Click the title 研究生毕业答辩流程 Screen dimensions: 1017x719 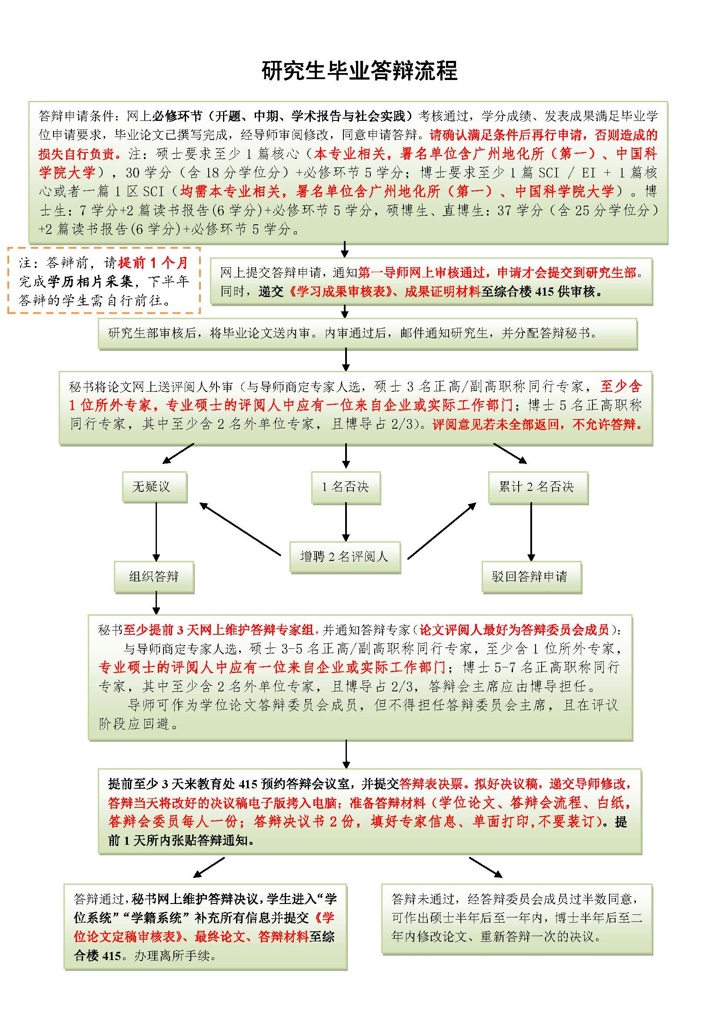[x=359, y=71]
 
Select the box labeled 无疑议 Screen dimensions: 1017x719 [x=154, y=487]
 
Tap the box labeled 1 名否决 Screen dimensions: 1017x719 [x=346, y=487]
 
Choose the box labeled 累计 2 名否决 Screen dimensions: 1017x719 [x=537, y=487]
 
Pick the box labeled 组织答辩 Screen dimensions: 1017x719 [x=154, y=577]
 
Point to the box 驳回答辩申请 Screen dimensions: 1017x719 [x=531, y=577]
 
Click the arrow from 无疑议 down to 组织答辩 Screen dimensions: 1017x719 [x=156, y=531]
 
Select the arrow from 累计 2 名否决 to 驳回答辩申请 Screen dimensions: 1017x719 [x=531, y=531]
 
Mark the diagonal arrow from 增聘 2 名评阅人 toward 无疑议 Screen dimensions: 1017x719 [x=240, y=529]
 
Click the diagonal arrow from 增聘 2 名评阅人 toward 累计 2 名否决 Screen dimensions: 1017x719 [x=442, y=530]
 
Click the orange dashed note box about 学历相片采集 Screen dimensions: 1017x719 [x=104, y=281]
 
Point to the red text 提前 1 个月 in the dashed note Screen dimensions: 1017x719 [x=153, y=263]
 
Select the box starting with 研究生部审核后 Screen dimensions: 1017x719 [x=367, y=333]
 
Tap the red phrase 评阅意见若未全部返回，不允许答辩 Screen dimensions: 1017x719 [x=537, y=425]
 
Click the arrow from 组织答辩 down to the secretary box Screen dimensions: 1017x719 [x=156, y=604]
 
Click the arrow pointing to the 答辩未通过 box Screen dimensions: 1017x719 [x=486, y=867]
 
